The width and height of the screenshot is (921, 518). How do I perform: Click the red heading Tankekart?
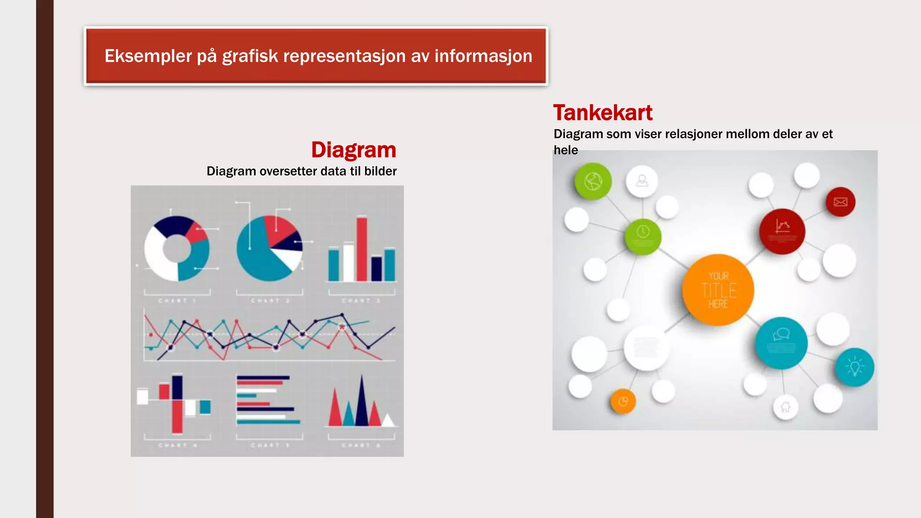pyautogui.click(x=603, y=113)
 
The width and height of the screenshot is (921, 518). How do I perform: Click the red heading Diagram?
pyautogui.click(x=353, y=150)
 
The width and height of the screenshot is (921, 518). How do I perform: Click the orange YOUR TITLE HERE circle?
pyautogui.click(x=718, y=290)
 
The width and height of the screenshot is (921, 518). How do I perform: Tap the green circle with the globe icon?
pyautogui.click(x=593, y=182)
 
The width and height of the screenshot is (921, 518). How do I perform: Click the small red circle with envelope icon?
pyautogui.click(x=841, y=202)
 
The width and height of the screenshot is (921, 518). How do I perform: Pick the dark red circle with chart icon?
pyautogui.click(x=782, y=231)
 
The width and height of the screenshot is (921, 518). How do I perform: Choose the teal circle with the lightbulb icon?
pyautogui.click(x=854, y=367)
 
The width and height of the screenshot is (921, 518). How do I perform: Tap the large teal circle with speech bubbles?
pyautogui.click(x=781, y=343)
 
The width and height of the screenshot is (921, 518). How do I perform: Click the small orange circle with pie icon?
pyautogui.click(x=623, y=401)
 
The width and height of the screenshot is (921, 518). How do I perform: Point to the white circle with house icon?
pyautogui.click(x=785, y=407)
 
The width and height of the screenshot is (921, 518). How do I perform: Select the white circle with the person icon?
pyautogui.click(x=642, y=181)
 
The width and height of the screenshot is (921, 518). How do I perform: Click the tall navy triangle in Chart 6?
pyautogui.click(x=362, y=402)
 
